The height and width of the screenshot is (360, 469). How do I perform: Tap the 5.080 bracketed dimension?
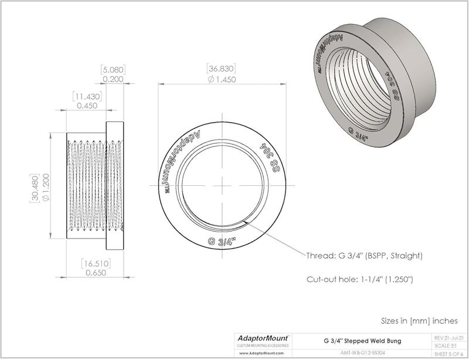point(113,69)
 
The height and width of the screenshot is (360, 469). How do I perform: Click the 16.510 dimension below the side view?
point(96,264)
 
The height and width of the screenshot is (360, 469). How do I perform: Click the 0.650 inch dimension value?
point(96,273)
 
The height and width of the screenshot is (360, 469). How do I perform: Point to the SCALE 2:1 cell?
point(448,346)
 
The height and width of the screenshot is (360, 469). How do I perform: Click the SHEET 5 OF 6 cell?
point(448,354)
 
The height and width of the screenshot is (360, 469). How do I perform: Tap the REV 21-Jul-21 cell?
point(448,338)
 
